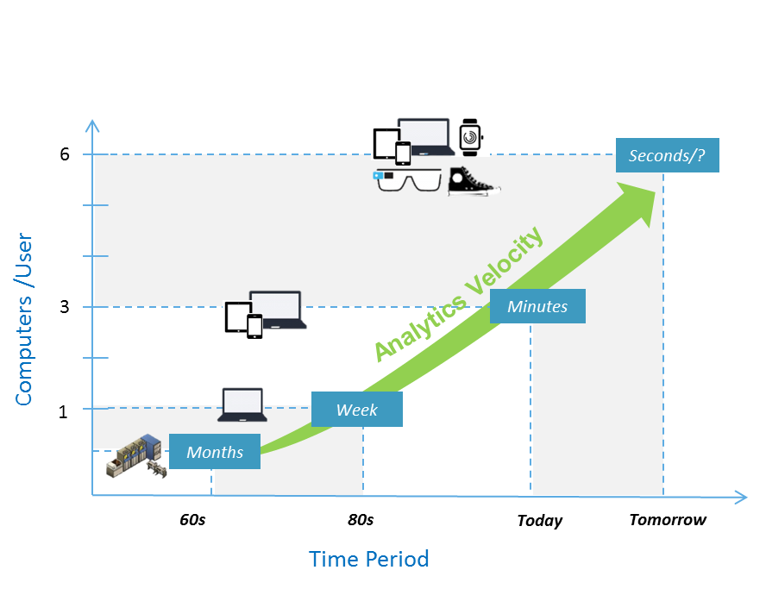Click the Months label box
[214, 452]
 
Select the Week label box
[356, 410]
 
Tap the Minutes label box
[537, 306]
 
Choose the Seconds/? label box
[667, 155]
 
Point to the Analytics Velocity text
[458, 293]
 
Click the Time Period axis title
[368, 559]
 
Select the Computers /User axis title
[23, 319]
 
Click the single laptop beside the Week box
[242, 404]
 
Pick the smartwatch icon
[470, 136]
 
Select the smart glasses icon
[408, 180]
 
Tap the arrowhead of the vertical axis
[92, 125]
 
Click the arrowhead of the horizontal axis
[740, 497]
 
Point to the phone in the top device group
[403, 153]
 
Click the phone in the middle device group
[254, 326]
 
